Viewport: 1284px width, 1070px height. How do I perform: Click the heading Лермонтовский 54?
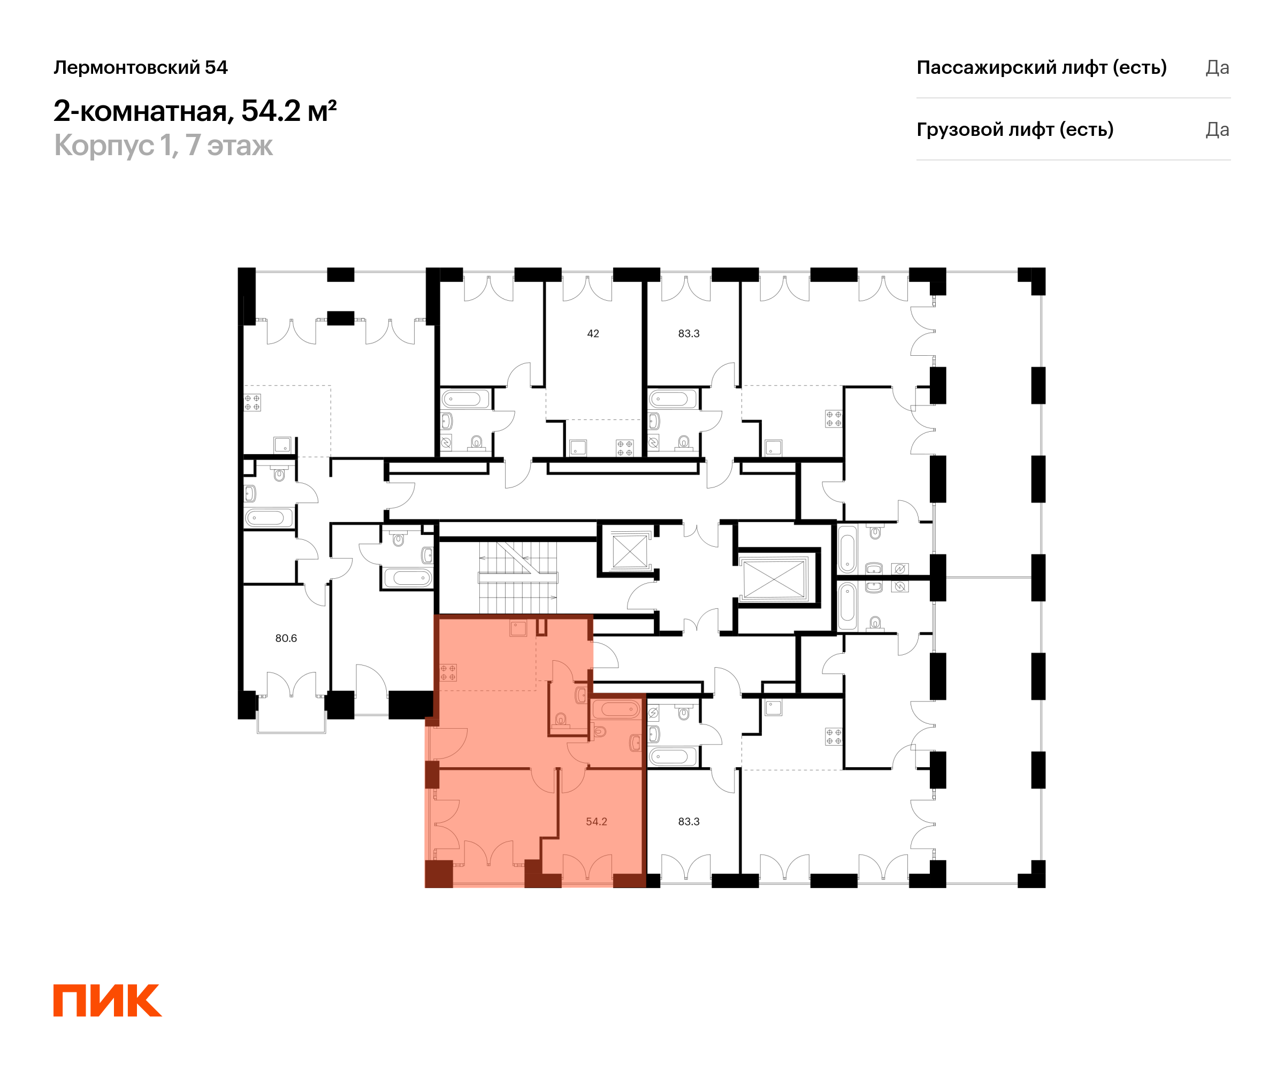click(x=141, y=67)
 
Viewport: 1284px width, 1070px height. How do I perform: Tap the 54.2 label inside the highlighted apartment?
click(x=596, y=821)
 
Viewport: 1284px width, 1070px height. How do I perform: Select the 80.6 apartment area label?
click(x=286, y=638)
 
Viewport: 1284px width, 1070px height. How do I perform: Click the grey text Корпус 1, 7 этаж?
click(x=163, y=146)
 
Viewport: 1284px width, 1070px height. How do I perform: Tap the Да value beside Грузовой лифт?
click(x=1217, y=129)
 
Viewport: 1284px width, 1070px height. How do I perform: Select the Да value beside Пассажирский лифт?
click(x=1217, y=67)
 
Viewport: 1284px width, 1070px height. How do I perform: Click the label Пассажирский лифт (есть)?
click(x=1041, y=67)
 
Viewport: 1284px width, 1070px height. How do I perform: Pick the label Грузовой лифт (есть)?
click(x=1015, y=129)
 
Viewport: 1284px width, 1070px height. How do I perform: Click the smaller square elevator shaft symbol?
click(x=629, y=552)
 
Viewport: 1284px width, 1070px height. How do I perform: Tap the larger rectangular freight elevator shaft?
click(x=774, y=579)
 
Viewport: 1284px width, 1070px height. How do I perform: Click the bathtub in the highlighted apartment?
click(x=616, y=709)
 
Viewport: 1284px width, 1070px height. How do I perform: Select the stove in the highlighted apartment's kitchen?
click(x=448, y=672)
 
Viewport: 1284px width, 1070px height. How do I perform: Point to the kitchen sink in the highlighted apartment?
click(x=518, y=628)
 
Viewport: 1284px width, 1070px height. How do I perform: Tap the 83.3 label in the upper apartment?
click(x=689, y=333)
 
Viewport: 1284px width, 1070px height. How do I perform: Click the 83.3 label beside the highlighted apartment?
click(x=689, y=821)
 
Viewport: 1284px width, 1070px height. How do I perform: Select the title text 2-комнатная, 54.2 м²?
click(x=195, y=111)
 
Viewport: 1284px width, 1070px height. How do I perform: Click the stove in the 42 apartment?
click(x=624, y=448)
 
